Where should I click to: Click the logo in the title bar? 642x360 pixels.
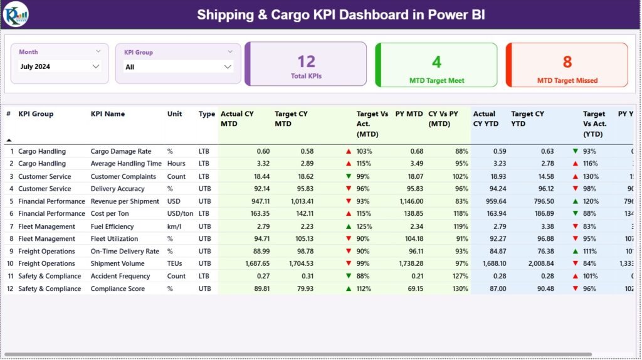(16, 14)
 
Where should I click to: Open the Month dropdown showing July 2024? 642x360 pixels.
(60, 66)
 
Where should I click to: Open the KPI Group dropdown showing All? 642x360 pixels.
(178, 67)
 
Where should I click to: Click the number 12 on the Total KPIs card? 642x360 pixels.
(306, 61)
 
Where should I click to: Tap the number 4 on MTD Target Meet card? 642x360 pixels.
(436, 61)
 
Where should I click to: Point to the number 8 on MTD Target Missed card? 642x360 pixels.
(567, 61)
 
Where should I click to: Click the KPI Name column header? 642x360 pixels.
(108, 114)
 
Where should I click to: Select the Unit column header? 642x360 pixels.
(174, 114)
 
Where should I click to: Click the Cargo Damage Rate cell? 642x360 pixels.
(120, 151)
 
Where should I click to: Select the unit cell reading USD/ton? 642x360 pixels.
(179, 214)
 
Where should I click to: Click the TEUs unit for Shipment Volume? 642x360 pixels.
(176, 264)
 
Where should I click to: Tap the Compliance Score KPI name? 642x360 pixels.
(117, 289)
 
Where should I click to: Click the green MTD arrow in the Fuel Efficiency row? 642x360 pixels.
(348, 226)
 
